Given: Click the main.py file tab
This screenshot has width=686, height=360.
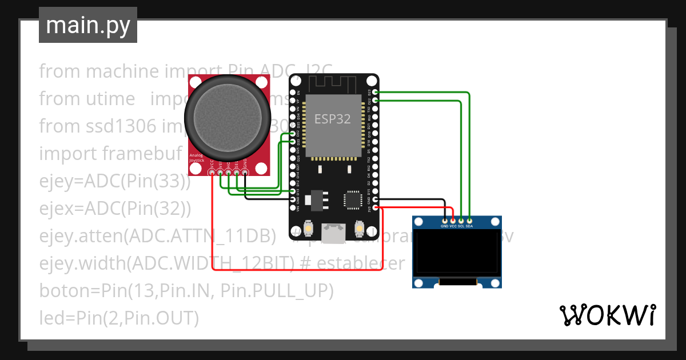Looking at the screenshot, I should click(87, 25).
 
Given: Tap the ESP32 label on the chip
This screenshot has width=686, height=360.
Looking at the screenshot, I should click(332, 119).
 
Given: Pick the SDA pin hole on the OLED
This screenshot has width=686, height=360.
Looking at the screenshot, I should click(469, 220).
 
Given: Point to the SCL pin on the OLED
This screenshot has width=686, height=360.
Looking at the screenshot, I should click(461, 220).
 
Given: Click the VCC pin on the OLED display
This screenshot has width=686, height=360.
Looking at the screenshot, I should click(453, 220).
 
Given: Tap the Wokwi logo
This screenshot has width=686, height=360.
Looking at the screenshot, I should click(607, 315).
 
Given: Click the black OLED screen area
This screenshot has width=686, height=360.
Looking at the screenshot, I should click(457, 252).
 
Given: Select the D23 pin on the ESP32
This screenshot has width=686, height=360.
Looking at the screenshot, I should click(376, 92).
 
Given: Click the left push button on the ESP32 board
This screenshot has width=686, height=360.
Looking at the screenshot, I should click(308, 229).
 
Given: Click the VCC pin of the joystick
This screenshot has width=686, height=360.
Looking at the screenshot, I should click(212, 172).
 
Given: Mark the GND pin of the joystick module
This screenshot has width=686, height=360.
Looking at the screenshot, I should click(245, 172).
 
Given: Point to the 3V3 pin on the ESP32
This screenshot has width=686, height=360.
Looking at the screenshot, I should click(376, 208).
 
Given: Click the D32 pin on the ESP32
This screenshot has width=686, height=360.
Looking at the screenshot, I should click(293, 133).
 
